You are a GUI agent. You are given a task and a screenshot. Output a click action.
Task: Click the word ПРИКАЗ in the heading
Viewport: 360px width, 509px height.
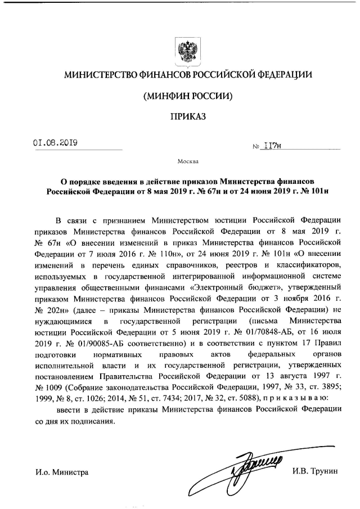click(188, 117)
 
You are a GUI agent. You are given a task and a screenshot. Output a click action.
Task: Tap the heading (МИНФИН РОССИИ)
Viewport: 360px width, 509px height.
click(188, 96)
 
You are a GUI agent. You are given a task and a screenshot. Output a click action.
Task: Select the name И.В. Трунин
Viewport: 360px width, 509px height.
click(316, 472)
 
